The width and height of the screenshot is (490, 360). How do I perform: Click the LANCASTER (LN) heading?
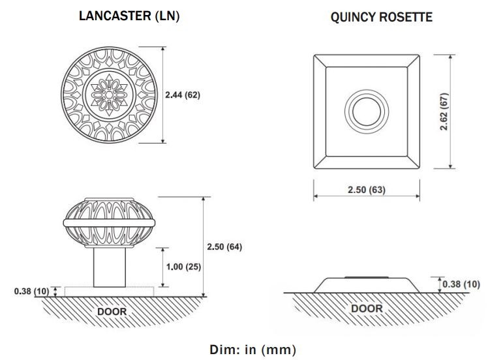click(x=129, y=16)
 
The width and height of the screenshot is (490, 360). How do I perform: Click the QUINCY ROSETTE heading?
click(x=381, y=17)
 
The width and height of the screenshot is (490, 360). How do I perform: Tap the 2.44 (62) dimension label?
click(x=183, y=95)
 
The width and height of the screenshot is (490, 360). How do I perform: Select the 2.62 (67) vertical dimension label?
click(x=444, y=112)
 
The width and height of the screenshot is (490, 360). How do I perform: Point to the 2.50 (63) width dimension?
click(x=367, y=190)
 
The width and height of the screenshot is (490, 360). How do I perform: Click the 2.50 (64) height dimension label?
click(x=224, y=247)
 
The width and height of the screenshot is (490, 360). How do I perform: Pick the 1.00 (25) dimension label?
click(x=183, y=267)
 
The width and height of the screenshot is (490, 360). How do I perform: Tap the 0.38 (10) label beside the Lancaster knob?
click(x=31, y=291)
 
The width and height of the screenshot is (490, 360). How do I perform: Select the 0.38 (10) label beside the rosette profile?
click(x=461, y=284)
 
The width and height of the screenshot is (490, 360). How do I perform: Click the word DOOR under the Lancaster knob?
click(x=112, y=311)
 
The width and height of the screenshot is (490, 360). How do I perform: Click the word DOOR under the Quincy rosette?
click(x=367, y=308)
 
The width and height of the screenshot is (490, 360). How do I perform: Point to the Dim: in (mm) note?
click(x=253, y=350)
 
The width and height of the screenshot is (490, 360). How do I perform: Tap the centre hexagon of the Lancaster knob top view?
click(x=109, y=95)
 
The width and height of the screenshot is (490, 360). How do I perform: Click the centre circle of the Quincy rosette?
click(x=367, y=112)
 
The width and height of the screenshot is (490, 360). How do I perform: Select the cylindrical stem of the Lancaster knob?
click(x=110, y=267)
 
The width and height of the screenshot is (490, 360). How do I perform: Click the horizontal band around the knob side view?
click(x=109, y=222)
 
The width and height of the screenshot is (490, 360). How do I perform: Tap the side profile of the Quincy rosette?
click(x=367, y=285)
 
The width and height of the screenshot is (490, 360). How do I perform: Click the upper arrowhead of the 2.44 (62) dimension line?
click(x=163, y=50)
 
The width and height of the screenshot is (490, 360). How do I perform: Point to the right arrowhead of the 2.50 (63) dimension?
click(x=417, y=196)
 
